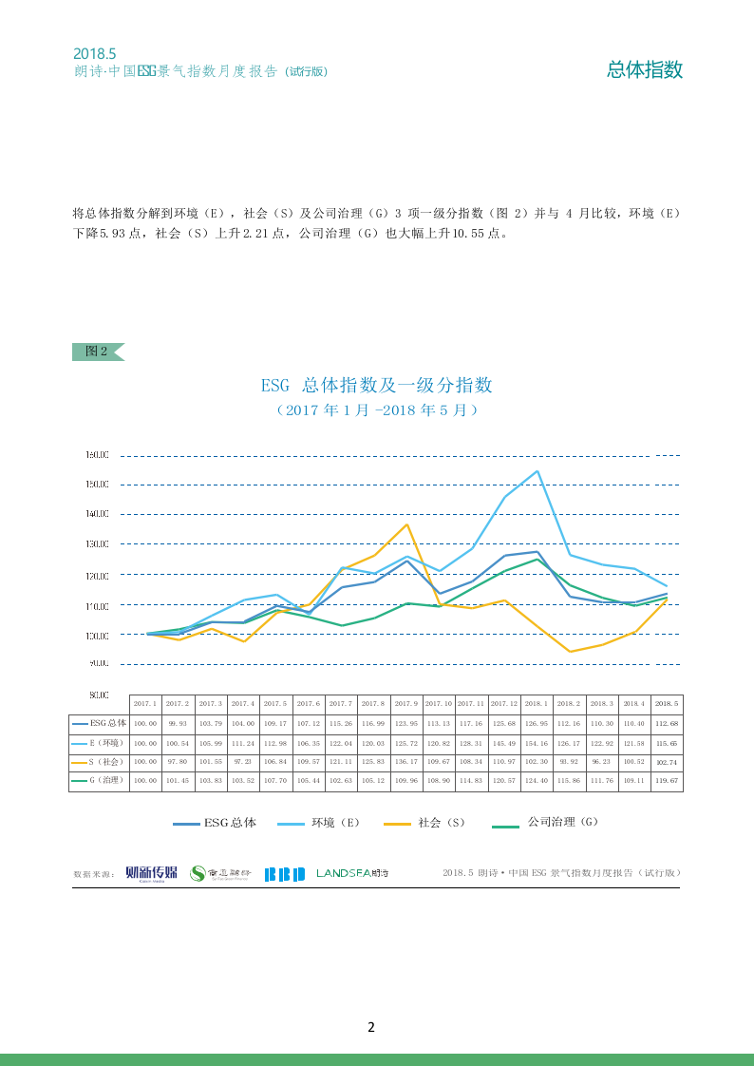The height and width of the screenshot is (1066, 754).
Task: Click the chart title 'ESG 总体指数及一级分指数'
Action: coord(376,386)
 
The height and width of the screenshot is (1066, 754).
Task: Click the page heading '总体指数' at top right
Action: coord(645,69)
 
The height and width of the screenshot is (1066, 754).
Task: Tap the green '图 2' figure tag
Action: coord(97,352)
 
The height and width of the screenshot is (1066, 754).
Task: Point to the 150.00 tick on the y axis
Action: coord(98,485)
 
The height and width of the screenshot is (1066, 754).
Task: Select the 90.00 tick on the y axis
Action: coord(98,664)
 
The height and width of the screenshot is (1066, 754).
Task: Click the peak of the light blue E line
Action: coord(538,471)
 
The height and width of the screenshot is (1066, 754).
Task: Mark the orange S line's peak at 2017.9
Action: coord(407,524)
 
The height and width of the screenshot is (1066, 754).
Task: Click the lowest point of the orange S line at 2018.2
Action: coord(570,652)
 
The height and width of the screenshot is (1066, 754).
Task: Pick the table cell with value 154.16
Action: coord(537,742)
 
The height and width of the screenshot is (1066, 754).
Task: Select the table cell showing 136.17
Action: coord(405,762)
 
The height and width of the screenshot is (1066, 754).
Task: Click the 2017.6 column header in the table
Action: coord(309,704)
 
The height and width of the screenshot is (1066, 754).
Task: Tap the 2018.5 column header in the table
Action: coord(667,704)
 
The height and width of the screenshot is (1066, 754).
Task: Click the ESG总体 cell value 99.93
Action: coord(178,723)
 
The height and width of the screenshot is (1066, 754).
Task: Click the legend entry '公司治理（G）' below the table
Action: coord(545,823)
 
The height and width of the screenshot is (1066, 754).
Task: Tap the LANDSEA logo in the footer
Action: coord(352,873)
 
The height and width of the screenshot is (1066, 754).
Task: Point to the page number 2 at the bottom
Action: coord(371,1027)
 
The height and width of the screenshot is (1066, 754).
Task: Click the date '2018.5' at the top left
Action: coord(94,54)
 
